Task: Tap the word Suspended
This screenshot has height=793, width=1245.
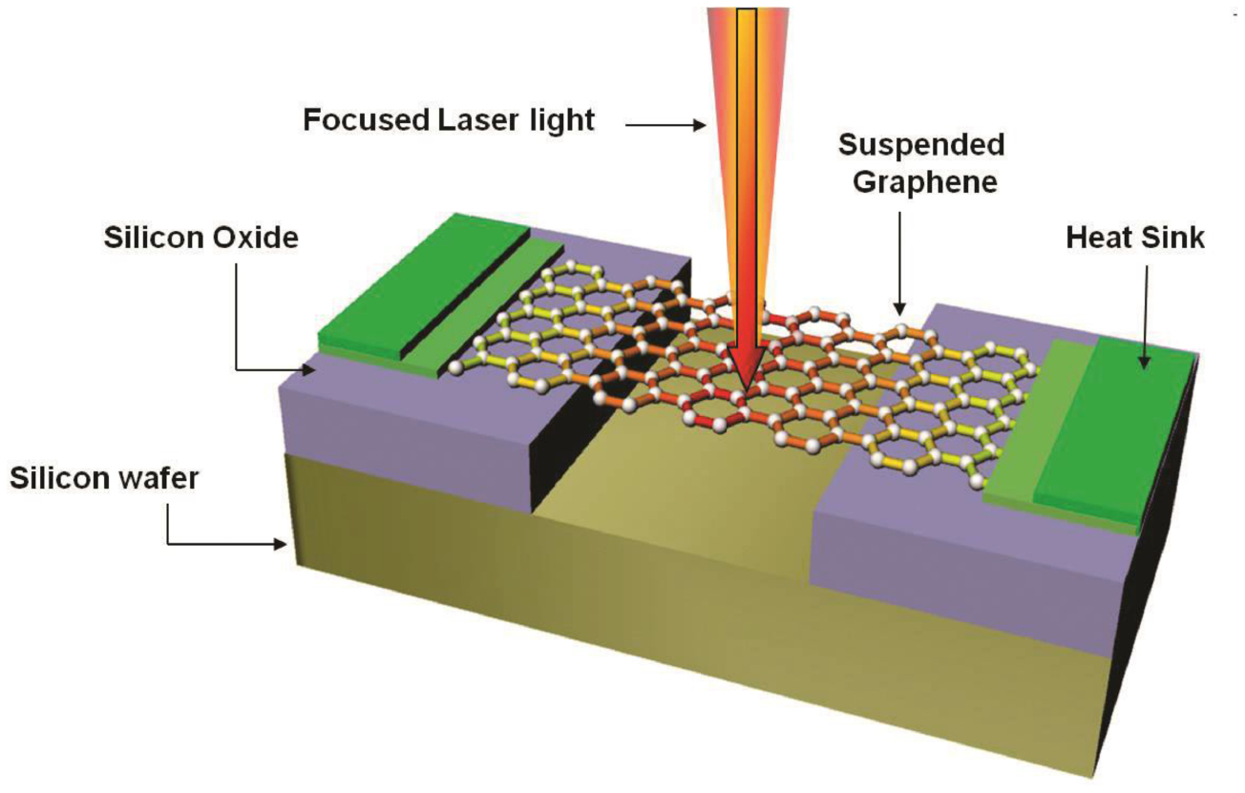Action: coord(920,145)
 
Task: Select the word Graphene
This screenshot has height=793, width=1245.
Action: coord(924,181)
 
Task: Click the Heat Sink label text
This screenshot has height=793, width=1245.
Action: coord(1135,239)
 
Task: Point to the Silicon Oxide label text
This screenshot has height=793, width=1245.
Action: coord(200,239)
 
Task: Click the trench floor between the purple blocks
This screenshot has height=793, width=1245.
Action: coord(668,496)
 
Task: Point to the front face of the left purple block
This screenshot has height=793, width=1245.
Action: coord(401,429)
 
